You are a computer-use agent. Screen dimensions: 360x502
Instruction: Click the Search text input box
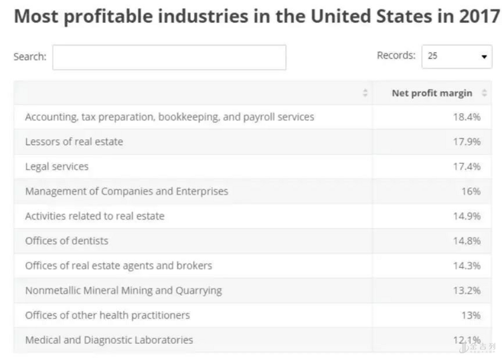point(169,57)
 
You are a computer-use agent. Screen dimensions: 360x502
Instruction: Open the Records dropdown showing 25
point(456,56)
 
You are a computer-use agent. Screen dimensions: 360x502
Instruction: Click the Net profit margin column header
point(432,93)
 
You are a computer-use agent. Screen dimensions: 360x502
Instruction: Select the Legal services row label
point(57,166)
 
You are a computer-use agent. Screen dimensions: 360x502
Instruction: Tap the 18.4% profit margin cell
point(467,116)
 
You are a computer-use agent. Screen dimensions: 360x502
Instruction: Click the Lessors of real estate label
point(74,141)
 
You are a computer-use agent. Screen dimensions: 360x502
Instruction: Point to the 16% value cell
point(471,191)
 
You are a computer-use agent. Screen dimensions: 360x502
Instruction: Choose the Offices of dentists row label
point(66,240)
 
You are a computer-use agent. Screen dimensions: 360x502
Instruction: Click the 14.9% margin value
point(467,215)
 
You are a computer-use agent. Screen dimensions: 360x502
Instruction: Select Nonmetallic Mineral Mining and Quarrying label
point(123,290)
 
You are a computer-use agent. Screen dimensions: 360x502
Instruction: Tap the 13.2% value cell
point(467,290)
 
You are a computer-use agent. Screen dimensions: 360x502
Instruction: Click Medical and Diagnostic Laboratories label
point(109,340)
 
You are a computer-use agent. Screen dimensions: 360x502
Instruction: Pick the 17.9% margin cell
point(467,141)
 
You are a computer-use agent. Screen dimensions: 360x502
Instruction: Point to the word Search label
point(30,57)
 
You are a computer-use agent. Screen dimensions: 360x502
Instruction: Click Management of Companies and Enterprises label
point(127,191)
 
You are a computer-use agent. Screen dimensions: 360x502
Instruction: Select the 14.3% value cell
point(467,265)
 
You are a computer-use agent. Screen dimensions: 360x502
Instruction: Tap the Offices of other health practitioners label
point(107,314)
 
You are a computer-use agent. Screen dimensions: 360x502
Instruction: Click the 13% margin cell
point(471,314)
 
